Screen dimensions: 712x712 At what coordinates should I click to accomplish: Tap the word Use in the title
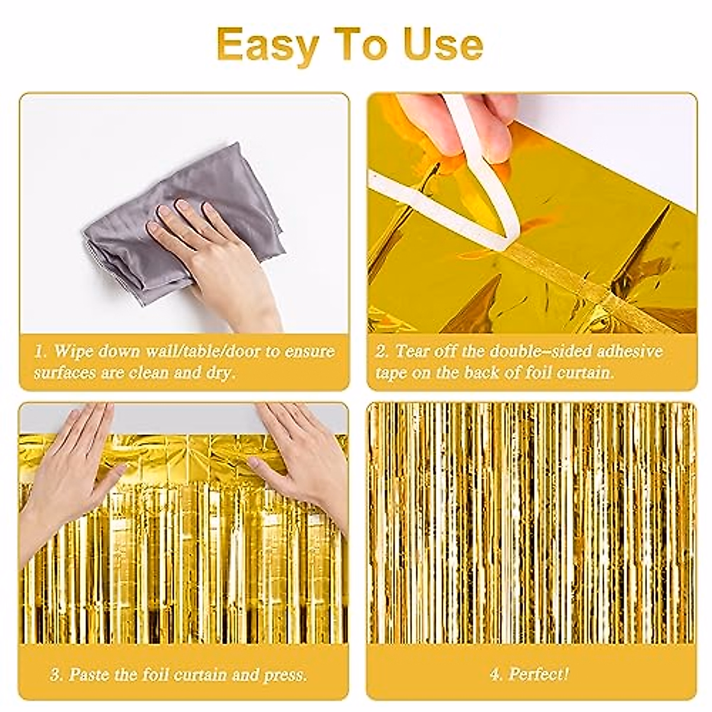coord(443,44)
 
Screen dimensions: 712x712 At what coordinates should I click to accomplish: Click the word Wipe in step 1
coord(72,351)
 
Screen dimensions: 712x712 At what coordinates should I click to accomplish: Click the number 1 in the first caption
coord(38,351)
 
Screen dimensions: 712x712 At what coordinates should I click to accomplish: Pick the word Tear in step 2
coord(412,351)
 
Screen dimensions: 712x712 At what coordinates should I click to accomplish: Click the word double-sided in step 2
coord(543,351)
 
